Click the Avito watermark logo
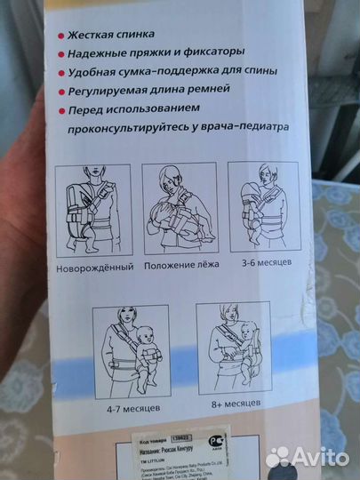pos(307,456)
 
